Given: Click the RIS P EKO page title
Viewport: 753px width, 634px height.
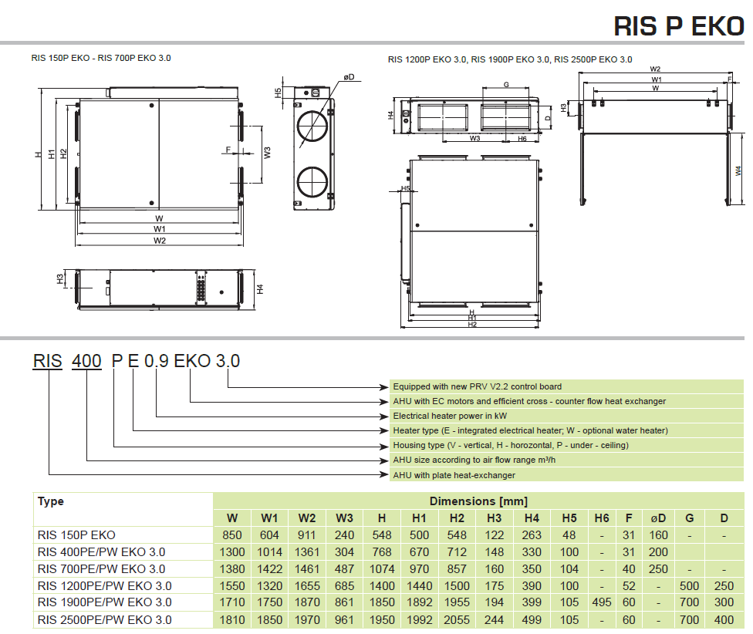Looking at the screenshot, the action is coord(679,26).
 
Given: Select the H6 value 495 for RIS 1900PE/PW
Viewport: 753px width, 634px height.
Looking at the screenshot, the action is coord(602,602).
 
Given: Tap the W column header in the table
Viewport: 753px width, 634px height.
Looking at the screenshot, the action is coord(232,518).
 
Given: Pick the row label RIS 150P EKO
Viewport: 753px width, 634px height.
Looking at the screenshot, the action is coord(76,535).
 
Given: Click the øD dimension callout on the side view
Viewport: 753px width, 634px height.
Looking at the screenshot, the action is coord(349,77).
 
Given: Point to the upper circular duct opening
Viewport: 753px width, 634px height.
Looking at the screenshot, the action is coord(312,126).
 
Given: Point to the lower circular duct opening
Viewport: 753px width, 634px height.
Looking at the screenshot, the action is coord(312,183).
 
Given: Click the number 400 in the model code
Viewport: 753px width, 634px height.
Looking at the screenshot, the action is coord(86,361).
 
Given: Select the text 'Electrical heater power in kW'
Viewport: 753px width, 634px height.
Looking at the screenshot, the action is coord(450,416).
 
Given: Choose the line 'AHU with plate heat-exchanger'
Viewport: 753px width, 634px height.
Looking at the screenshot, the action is coord(454,475).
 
